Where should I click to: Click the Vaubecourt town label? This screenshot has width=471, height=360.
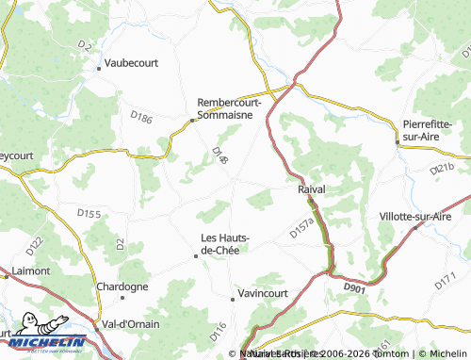[x=132, y=62]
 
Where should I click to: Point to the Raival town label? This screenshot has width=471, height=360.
[x=311, y=189]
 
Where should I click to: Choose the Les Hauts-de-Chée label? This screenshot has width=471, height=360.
[x=227, y=243]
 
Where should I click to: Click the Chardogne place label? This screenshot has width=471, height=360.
[x=122, y=286]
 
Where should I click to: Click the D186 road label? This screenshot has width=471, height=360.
[x=142, y=118]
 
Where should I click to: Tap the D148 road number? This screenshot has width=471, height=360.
[x=219, y=155]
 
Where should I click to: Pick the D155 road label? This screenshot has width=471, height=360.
[x=89, y=215]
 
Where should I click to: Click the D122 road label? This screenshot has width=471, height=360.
[x=35, y=248]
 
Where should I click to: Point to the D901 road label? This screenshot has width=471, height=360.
[x=353, y=286]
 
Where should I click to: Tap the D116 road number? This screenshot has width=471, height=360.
[x=219, y=331]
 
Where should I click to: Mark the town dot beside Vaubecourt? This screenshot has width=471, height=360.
[x=99, y=68]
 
